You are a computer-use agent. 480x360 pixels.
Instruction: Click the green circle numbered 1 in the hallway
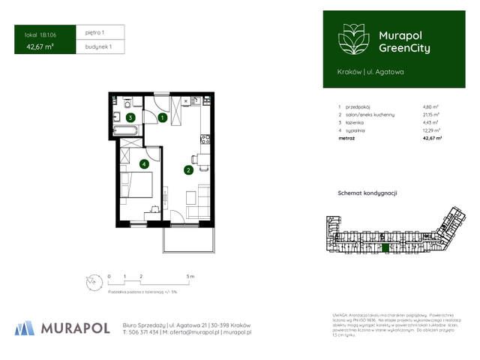point(162,118)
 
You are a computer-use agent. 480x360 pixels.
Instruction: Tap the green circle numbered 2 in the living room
point(187,169)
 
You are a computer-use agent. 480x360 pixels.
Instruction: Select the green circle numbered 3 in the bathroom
point(130,118)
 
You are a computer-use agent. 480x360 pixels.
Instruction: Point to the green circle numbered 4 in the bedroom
point(143,163)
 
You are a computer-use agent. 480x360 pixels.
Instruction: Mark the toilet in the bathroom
point(128,103)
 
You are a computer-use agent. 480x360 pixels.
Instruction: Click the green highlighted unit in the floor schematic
point(385,248)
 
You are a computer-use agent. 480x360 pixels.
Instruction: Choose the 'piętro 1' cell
point(94,33)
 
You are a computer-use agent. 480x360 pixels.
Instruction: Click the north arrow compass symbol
point(91,282)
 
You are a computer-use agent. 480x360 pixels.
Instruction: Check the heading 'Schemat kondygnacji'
point(367,193)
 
